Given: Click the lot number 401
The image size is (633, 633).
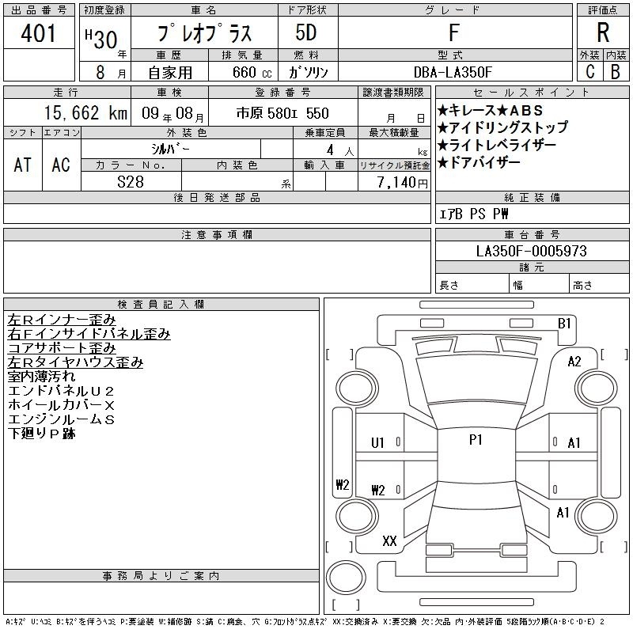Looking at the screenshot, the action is [38, 32].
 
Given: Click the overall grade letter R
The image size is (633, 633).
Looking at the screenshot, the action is [603, 32].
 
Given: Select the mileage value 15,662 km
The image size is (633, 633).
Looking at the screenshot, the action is [85, 112].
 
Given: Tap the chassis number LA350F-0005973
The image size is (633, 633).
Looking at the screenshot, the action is [531, 251].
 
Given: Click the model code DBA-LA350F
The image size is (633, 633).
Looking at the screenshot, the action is [453, 72].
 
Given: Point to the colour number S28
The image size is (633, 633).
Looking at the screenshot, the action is [131, 182].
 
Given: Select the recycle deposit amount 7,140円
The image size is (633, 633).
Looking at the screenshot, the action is [402, 183].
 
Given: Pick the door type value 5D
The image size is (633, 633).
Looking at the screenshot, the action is [306, 32].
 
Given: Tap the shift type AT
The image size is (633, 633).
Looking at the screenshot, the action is [23, 165].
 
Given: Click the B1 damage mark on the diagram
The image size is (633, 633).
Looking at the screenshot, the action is [564, 324].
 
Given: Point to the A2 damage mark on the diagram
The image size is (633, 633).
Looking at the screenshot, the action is [574, 362].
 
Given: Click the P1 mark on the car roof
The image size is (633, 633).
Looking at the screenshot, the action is [476, 440].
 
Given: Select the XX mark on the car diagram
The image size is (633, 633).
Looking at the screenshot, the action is [389, 541].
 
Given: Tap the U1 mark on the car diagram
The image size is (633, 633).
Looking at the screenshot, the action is [377, 443].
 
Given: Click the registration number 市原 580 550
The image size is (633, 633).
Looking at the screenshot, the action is [282, 113].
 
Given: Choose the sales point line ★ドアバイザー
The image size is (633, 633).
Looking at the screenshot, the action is [479, 162].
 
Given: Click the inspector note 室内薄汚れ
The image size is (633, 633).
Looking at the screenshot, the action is [42, 377].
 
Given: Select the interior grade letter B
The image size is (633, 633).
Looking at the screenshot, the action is [616, 72].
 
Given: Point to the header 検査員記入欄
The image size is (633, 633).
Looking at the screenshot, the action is [161, 304].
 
